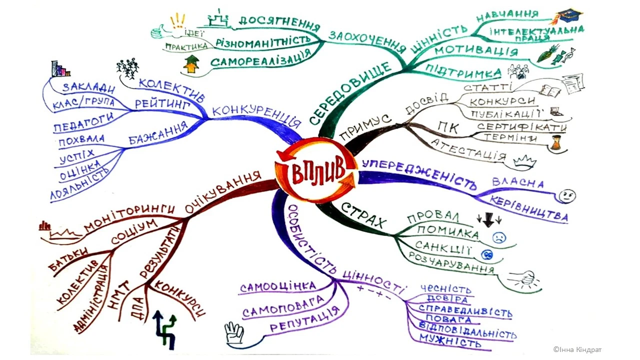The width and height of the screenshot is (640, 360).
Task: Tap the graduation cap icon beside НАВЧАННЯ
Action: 568,16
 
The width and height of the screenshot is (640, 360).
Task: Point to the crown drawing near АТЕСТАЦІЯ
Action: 524,161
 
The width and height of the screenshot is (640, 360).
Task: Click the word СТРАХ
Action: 364,214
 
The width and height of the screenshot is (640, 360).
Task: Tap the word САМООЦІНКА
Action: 278,287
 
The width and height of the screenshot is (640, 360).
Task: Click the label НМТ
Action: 124,292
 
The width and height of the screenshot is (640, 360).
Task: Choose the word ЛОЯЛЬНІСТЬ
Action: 80,184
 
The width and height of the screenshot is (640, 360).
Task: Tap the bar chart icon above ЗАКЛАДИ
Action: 60,68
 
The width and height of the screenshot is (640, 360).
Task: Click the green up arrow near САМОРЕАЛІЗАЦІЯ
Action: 191,64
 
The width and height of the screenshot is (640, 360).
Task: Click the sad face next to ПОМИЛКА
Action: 498,237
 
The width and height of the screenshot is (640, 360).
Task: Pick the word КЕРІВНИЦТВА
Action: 529,210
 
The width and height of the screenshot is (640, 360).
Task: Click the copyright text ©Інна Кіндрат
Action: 577,349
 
